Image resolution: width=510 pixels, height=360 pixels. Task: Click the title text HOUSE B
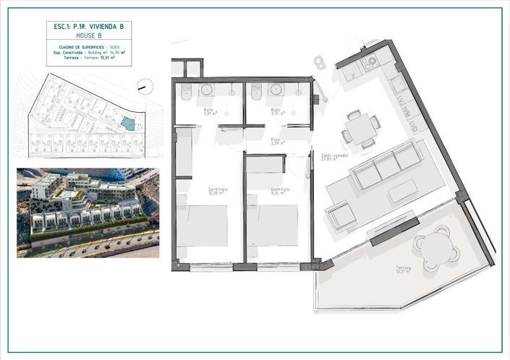(x=88, y=35)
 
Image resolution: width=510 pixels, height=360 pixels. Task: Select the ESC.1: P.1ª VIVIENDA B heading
(x=88, y=26)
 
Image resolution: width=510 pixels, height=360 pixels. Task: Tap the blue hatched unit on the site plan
(x=128, y=123)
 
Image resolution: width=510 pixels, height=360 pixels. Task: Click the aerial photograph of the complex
(x=88, y=213)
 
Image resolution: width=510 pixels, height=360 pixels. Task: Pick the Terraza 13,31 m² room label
(x=403, y=270)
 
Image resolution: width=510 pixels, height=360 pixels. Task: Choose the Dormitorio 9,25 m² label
(x=280, y=191)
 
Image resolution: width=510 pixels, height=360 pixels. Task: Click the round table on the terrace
(x=436, y=247)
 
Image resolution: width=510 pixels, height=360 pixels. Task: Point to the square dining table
(x=359, y=129)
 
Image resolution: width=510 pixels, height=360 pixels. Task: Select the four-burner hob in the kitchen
(x=370, y=63)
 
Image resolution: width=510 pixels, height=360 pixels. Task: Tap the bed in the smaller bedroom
(x=276, y=226)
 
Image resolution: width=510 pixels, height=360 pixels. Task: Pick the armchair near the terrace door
(x=341, y=215)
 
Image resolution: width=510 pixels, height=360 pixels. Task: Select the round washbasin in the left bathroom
(x=208, y=90)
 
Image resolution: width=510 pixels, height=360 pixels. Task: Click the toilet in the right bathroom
(x=255, y=92)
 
